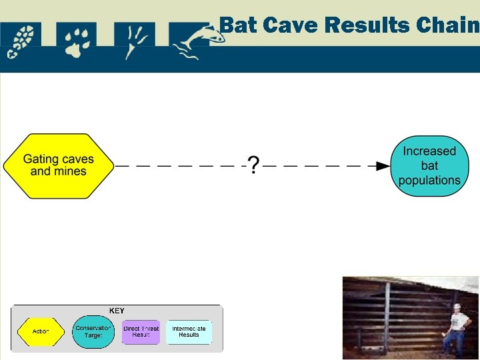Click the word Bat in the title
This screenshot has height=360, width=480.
coord(238,25)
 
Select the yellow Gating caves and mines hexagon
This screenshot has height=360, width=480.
coord(59,165)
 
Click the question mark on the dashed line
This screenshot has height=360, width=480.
coord(253,165)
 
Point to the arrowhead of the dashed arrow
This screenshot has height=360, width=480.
coord(383,165)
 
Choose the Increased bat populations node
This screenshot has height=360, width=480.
coord(429,166)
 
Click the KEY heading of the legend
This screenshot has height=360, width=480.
coord(117,311)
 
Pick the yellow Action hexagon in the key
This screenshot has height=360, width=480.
coord(41,331)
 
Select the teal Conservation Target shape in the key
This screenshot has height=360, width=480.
coord(93,331)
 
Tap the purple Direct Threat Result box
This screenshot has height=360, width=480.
coord(141,331)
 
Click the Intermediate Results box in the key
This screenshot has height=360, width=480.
coord(189,331)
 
